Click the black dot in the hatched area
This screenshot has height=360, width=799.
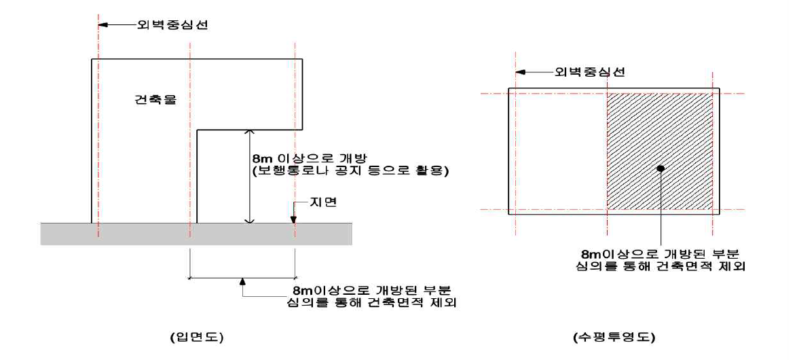pos(661,167)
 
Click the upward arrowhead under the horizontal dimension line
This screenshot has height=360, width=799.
pos(242,281)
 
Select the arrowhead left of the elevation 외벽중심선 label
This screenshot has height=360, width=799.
pos(103,26)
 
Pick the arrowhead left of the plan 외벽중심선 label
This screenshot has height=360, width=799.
pos(520,71)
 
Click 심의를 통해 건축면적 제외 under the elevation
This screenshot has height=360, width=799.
pos(369,302)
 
